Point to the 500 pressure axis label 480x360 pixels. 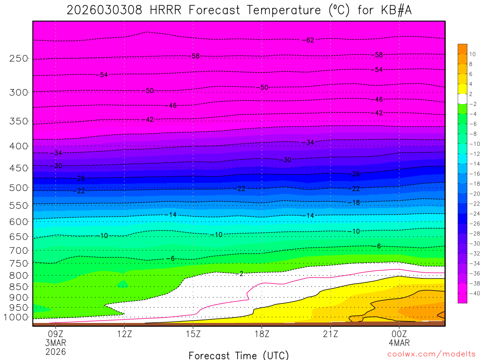(x=19, y=188)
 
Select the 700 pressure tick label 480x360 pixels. (x=19, y=251)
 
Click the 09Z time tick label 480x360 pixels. (x=56, y=334)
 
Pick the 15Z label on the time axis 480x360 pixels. (x=193, y=334)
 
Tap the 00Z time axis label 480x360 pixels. (x=399, y=334)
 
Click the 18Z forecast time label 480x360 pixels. (x=262, y=334)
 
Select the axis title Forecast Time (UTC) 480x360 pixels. (x=239, y=355)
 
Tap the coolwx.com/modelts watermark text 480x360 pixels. (x=431, y=354)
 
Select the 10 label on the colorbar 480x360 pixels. (x=472, y=54)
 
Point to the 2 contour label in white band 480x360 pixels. (x=241, y=273)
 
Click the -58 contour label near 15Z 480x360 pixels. (x=195, y=56)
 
